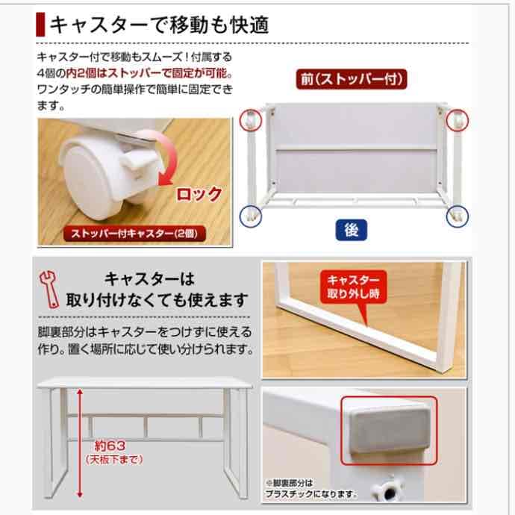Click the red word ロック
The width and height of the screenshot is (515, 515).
(x=198, y=195)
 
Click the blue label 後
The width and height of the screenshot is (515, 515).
(x=352, y=231)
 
